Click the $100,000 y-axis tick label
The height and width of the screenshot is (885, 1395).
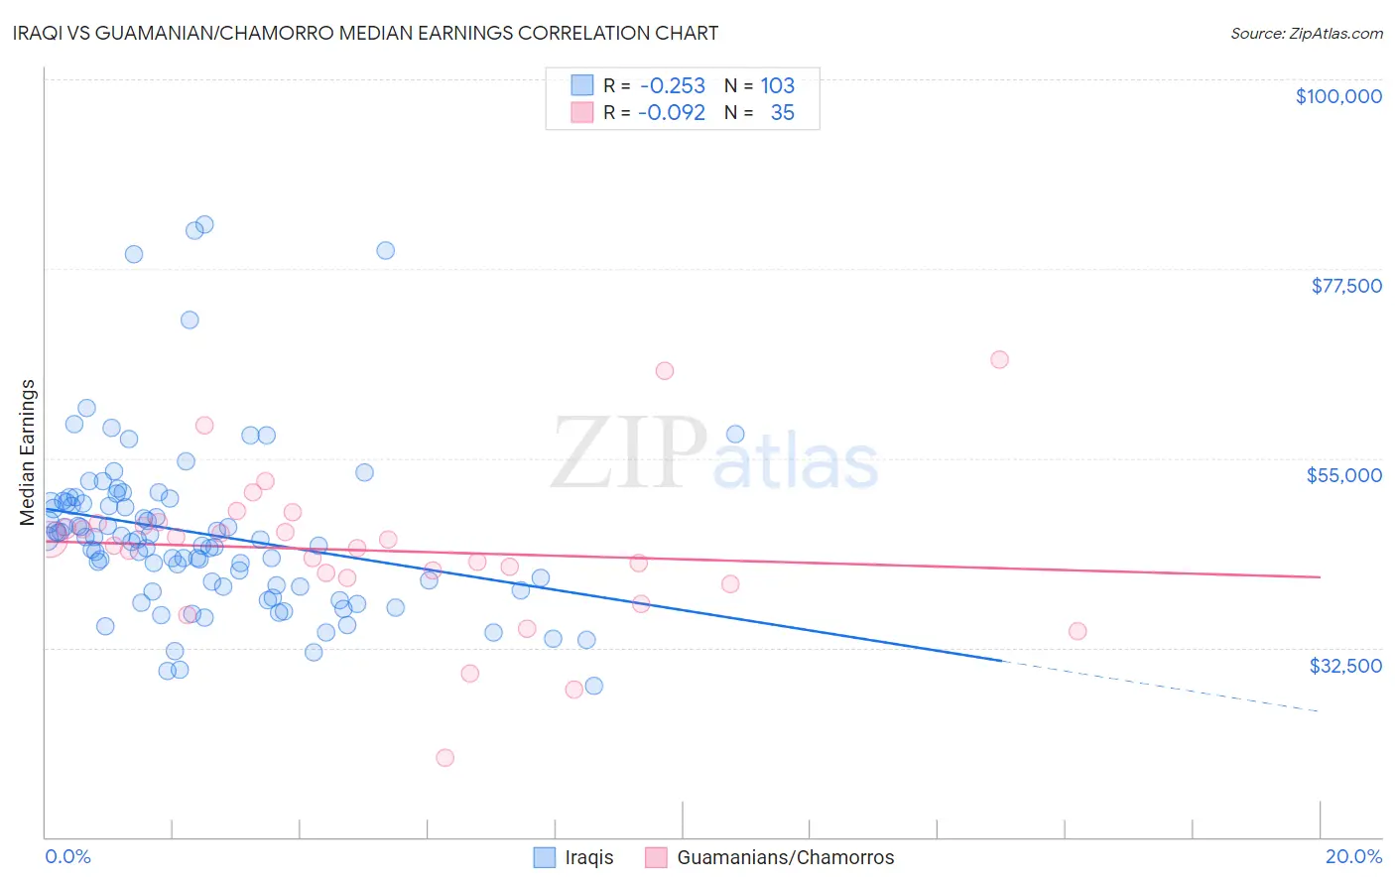[x=1338, y=96]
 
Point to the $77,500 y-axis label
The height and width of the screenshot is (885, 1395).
[x=1346, y=286]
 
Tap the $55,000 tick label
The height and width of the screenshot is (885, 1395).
[x=1344, y=475]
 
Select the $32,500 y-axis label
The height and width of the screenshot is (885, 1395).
[x=1345, y=666]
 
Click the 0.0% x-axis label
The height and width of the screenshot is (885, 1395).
[x=67, y=856]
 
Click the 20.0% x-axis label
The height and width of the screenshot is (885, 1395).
[x=1353, y=856]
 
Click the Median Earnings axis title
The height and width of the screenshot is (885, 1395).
[x=27, y=452]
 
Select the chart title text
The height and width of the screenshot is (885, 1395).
[x=381, y=33]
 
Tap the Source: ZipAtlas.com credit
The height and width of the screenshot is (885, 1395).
[x=1306, y=34]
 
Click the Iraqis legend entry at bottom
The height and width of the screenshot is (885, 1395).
[x=589, y=857]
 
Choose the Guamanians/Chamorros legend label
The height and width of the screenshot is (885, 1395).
[x=785, y=857]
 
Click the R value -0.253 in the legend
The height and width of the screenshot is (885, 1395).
[x=673, y=86]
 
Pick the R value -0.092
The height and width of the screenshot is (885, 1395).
[x=672, y=113]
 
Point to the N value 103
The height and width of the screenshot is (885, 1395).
[x=778, y=86]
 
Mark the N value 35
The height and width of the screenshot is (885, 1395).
[x=782, y=113]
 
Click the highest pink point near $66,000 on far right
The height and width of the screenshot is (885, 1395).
[x=999, y=359]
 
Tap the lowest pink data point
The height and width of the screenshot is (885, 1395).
[x=445, y=757]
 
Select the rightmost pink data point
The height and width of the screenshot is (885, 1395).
[x=1078, y=631]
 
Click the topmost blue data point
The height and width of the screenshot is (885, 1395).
[x=204, y=224]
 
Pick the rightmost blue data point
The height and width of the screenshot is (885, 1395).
[x=735, y=434]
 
